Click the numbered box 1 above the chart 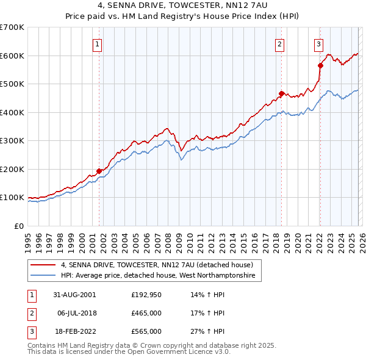pos(98,43)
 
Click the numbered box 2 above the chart pos(279,43)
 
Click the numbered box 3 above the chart pos(318,43)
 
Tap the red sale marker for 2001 pos(99,171)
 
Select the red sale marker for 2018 pos(281,93)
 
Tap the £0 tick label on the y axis pos(18,226)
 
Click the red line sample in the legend pos(43,265)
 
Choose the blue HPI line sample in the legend pos(43,276)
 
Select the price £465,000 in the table pos(146,313)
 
